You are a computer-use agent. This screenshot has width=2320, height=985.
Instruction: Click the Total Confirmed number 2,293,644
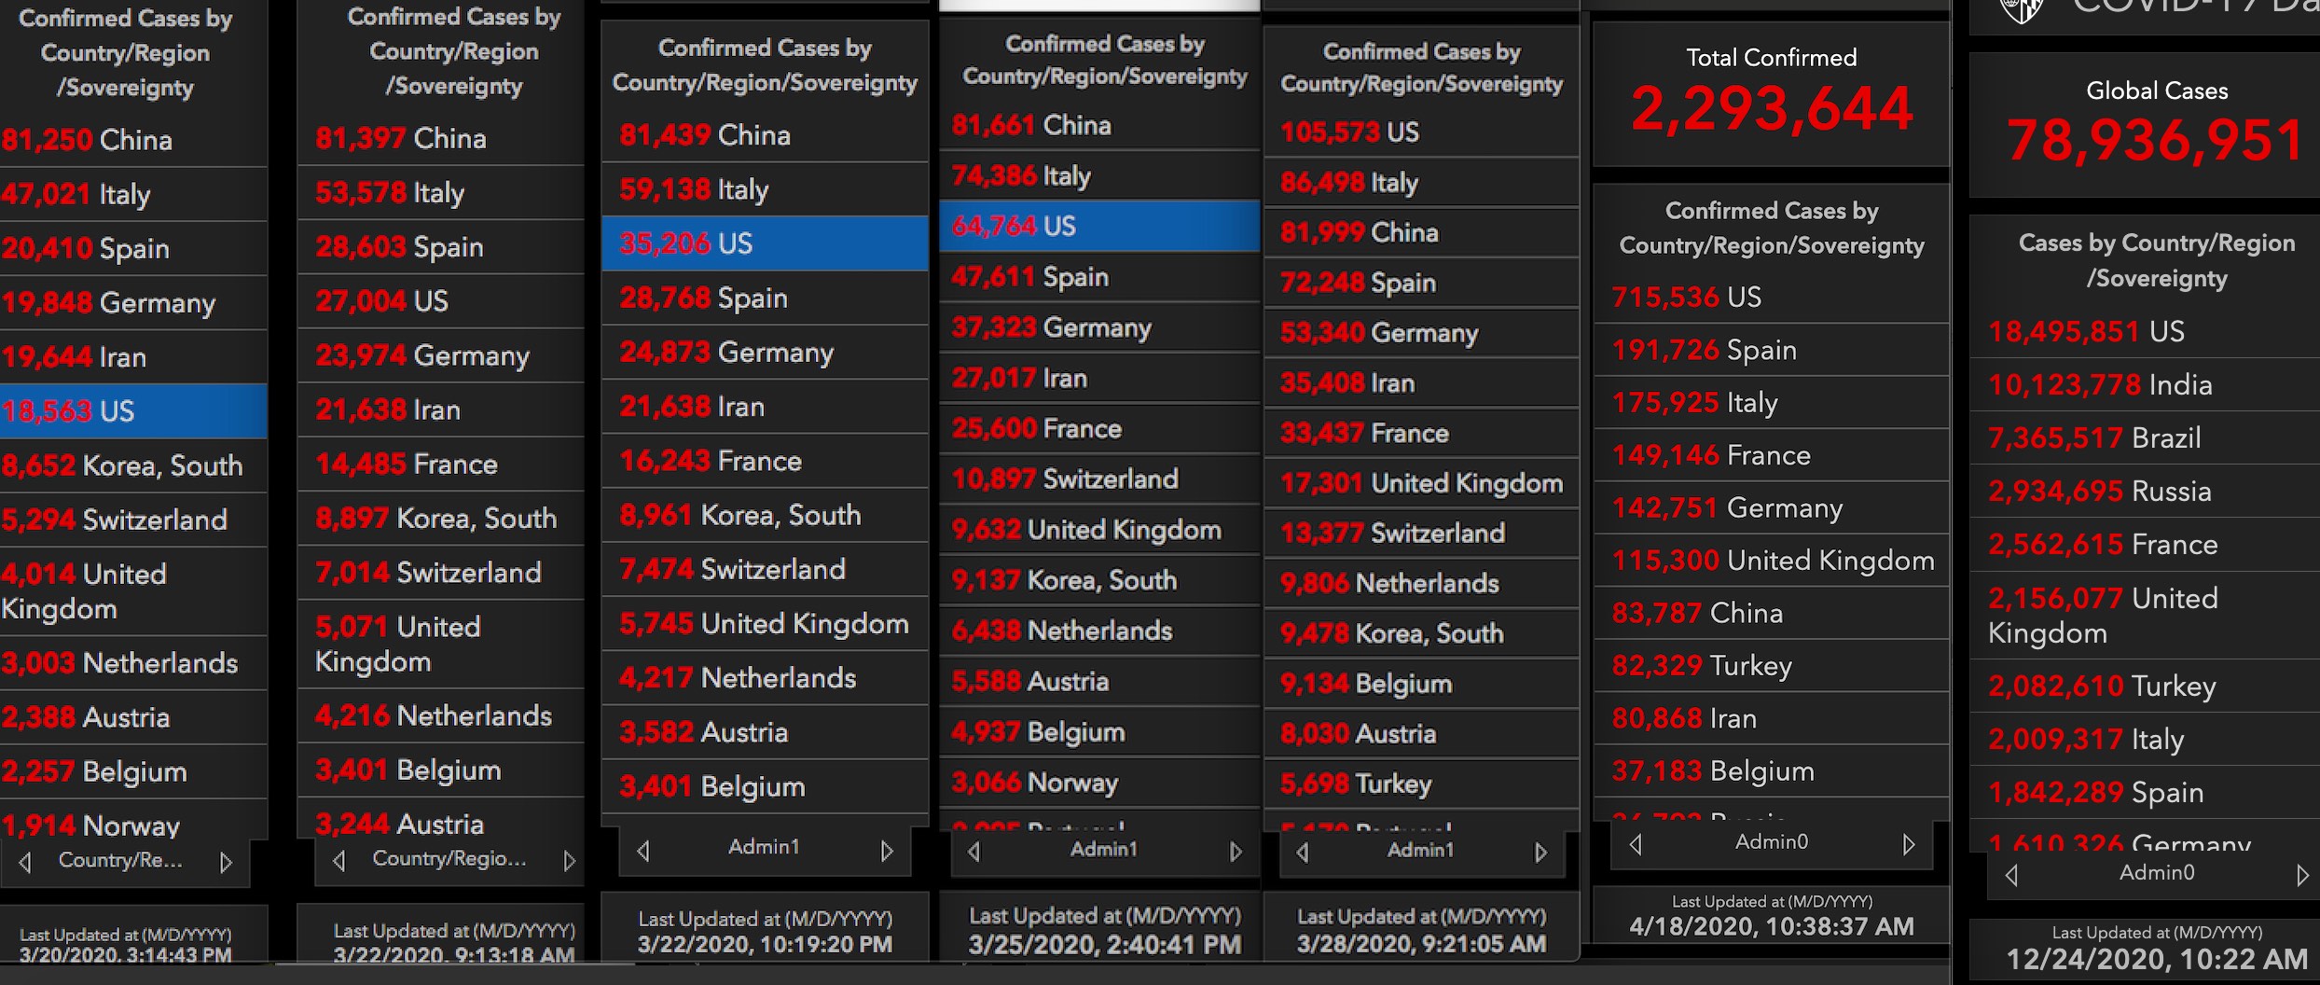pyautogui.click(x=1772, y=109)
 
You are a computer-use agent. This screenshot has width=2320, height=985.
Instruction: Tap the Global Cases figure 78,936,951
pyautogui.click(x=2156, y=142)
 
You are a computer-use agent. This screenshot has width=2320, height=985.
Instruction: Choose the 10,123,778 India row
pyautogui.click(x=2100, y=385)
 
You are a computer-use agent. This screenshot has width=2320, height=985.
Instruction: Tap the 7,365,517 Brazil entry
pyautogui.click(x=2094, y=438)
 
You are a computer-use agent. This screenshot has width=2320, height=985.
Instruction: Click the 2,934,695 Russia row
pyautogui.click(x=2099, y=492)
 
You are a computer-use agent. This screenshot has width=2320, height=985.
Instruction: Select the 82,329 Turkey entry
pyautogui.click(x=1702, y=666)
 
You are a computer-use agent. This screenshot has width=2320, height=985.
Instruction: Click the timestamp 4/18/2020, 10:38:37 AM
pyautogui.click(x=1771, y=926)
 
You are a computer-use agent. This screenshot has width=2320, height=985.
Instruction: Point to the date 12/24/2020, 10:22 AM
pyautogui.click(x=2157, y=960)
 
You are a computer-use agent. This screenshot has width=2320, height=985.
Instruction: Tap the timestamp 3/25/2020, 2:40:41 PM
pyautogui.click(x=1104, y=945)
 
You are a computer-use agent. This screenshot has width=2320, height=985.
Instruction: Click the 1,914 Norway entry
pyautogui.click(x=90, y=825)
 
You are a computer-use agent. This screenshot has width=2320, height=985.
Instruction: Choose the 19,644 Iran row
pyautogui.click(x=74, y=357)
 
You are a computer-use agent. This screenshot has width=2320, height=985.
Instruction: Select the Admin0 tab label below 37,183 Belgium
pyautogui.click(x=1771, y=842)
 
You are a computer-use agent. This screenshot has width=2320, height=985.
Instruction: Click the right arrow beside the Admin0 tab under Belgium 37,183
pyautogui.click(x=1909, y=844)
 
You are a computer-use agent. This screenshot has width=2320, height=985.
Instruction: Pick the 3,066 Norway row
pyautogui.click(x=1034, y=783)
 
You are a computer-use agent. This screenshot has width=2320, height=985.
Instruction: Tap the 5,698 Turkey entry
pyautogui.click(x=1356, y=784)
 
